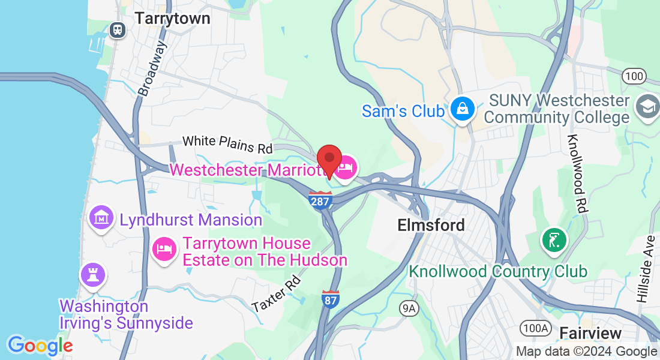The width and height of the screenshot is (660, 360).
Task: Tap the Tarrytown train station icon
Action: (117, 29)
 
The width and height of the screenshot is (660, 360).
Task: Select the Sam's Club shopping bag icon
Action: (463, 110)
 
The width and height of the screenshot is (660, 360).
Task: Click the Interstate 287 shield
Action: (320, 200)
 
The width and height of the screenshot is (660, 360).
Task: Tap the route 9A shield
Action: (409, 308)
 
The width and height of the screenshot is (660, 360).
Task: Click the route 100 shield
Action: (634, 76)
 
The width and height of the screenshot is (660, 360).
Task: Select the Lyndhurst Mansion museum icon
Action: (101, 217)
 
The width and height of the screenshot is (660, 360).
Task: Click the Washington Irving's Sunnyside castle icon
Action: (93, 275)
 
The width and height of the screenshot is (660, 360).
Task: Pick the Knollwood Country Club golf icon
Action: (554, 240)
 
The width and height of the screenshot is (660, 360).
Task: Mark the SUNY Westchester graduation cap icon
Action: (647, 107)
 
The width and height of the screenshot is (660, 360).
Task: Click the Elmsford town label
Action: (431, 225)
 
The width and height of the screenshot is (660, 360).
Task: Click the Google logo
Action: (40, 345)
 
